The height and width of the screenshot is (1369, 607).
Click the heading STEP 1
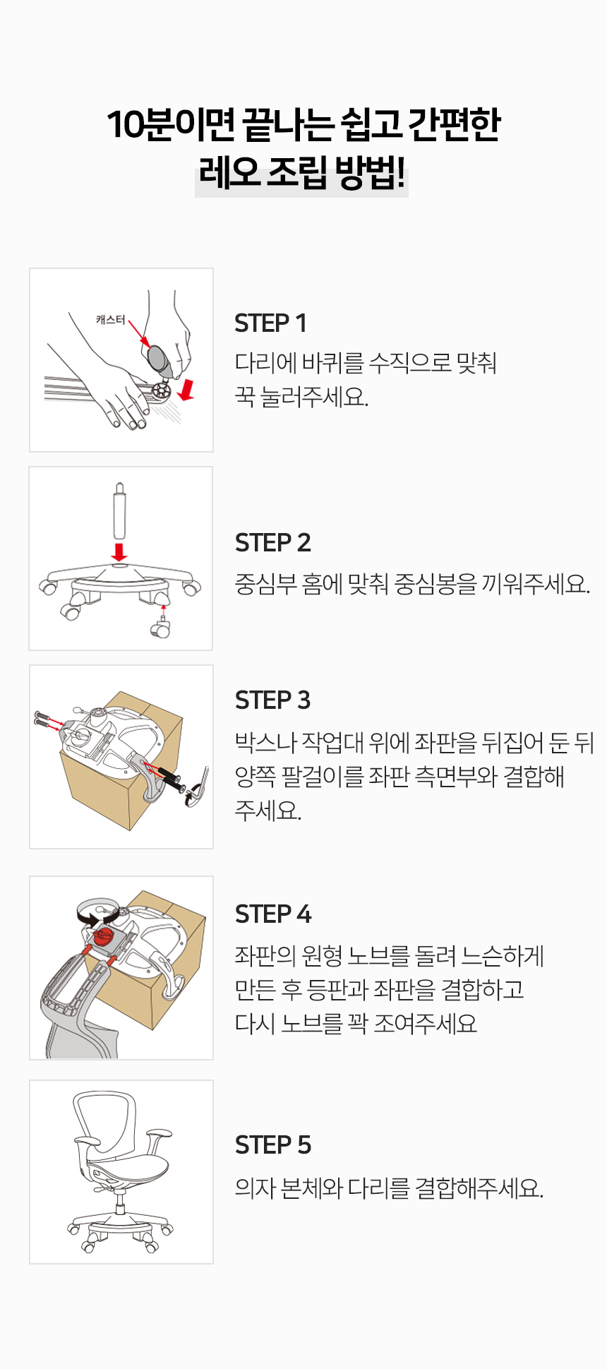click(270, 323)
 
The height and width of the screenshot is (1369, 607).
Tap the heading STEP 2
click(272, 543)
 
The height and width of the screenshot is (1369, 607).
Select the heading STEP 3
click(272, 700)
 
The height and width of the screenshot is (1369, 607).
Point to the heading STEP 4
click(272, 914)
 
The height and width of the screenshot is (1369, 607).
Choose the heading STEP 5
click(272, 1145)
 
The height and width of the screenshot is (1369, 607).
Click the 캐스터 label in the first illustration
click(111, 320)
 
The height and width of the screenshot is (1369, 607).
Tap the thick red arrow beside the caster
click(186, 389)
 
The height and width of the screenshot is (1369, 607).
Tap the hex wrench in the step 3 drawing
click(198, 789)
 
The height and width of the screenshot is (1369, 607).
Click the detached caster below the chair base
click(161, 627)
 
